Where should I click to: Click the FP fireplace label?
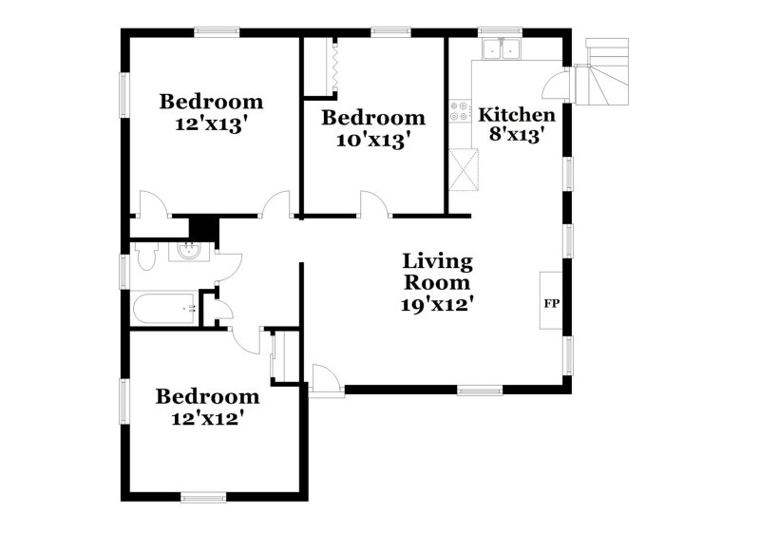point(551,304)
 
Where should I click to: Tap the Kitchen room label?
point(516,115)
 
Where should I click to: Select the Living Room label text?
point(438,272)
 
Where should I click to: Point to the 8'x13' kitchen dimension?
point(516,136)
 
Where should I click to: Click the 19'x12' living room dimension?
point(438,305)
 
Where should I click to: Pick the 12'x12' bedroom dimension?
point(207,418)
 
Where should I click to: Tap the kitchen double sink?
point(503,48)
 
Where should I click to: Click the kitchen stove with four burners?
point(461,112)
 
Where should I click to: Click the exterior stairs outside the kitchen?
point(606,71)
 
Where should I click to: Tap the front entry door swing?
point(324,377)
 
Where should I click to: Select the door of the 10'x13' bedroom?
point(374,203)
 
